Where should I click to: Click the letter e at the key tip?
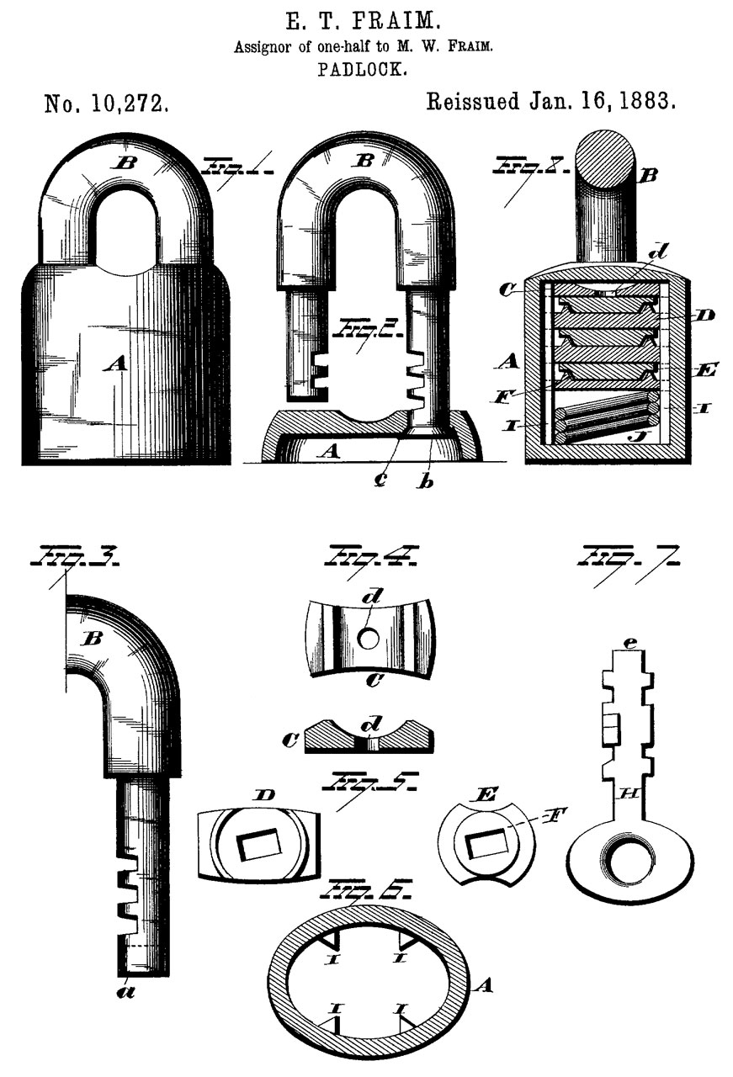[630, 644]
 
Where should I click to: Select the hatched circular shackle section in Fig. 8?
[606, 160]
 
